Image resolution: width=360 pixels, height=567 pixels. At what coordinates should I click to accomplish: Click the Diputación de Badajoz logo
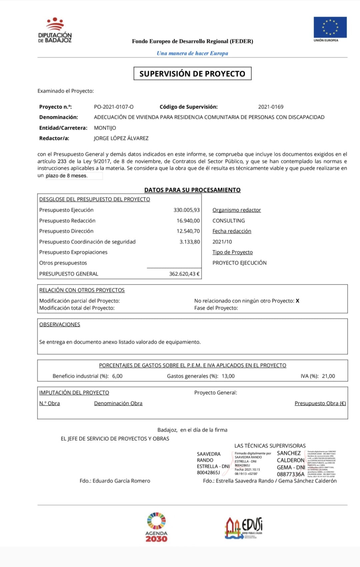[55, 30]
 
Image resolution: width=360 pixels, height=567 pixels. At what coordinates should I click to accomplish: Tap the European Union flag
[330, 27]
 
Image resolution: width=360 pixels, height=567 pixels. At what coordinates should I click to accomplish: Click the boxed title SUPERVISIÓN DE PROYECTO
[192, 74]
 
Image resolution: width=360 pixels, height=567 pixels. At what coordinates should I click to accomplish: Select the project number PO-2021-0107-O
[114, 107]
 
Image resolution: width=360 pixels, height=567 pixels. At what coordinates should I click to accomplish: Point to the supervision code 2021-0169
[271, 107]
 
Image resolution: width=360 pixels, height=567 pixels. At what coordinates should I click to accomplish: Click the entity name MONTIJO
[105, 128]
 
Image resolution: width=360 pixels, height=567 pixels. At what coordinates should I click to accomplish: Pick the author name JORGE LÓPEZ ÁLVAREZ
[121, 138]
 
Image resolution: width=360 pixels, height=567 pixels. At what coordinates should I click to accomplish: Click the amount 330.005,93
[186, 210]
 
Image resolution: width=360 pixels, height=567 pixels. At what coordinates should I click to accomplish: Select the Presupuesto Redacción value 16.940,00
[188, 220]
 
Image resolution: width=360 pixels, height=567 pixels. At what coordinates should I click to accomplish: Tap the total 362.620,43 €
[184, 274]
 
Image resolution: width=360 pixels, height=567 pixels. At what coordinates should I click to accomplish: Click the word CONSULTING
[229, 220]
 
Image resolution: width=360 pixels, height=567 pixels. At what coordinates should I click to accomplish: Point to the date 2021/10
[222, 241]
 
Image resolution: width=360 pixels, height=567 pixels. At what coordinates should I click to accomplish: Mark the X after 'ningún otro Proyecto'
[298, 301]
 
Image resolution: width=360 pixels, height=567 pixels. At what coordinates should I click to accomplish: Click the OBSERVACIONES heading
[60, 324]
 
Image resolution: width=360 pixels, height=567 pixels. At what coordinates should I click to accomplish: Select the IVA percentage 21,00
[328, 376]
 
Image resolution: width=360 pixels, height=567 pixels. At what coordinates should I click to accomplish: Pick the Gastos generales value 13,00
[228, 376]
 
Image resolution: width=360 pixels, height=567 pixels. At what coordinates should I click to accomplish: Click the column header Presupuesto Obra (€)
[320, 403]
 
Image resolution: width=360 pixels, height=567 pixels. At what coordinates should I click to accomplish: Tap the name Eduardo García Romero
[121, 481]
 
